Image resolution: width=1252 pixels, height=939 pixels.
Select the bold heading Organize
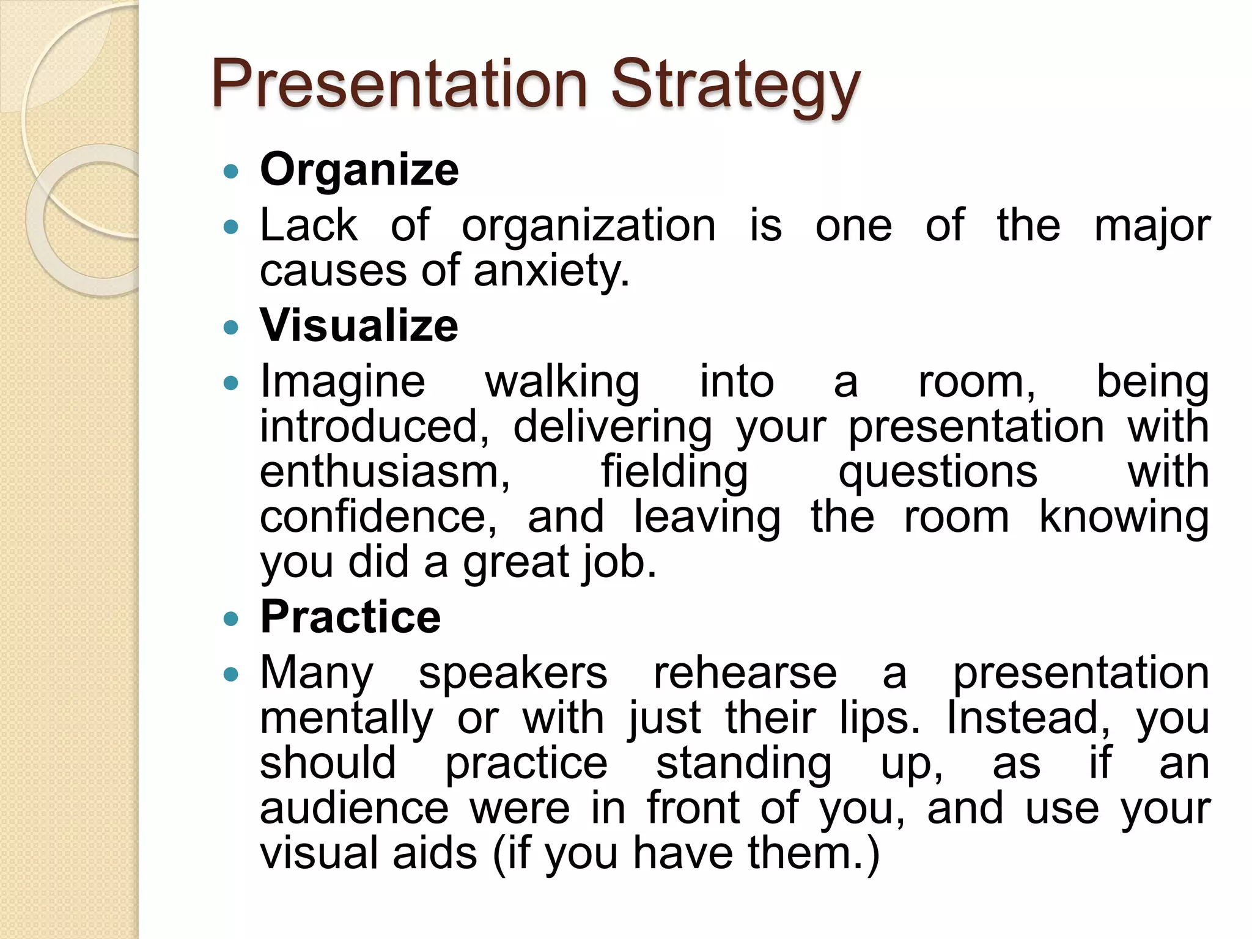(359, 169)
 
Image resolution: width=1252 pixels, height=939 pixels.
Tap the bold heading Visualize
(359, 325)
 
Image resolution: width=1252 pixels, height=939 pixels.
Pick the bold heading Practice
(350, 616)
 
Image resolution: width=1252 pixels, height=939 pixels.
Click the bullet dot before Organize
(230, 171)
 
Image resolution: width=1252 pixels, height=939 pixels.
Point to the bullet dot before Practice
(230, 619)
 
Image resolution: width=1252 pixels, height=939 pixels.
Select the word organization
(588, 226)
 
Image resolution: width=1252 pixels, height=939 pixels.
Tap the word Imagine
(342, 382)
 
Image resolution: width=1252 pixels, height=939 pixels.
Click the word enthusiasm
(385, 472)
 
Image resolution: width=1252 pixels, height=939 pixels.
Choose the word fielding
(674, 472)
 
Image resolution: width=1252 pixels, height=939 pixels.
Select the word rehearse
(745, 673)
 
